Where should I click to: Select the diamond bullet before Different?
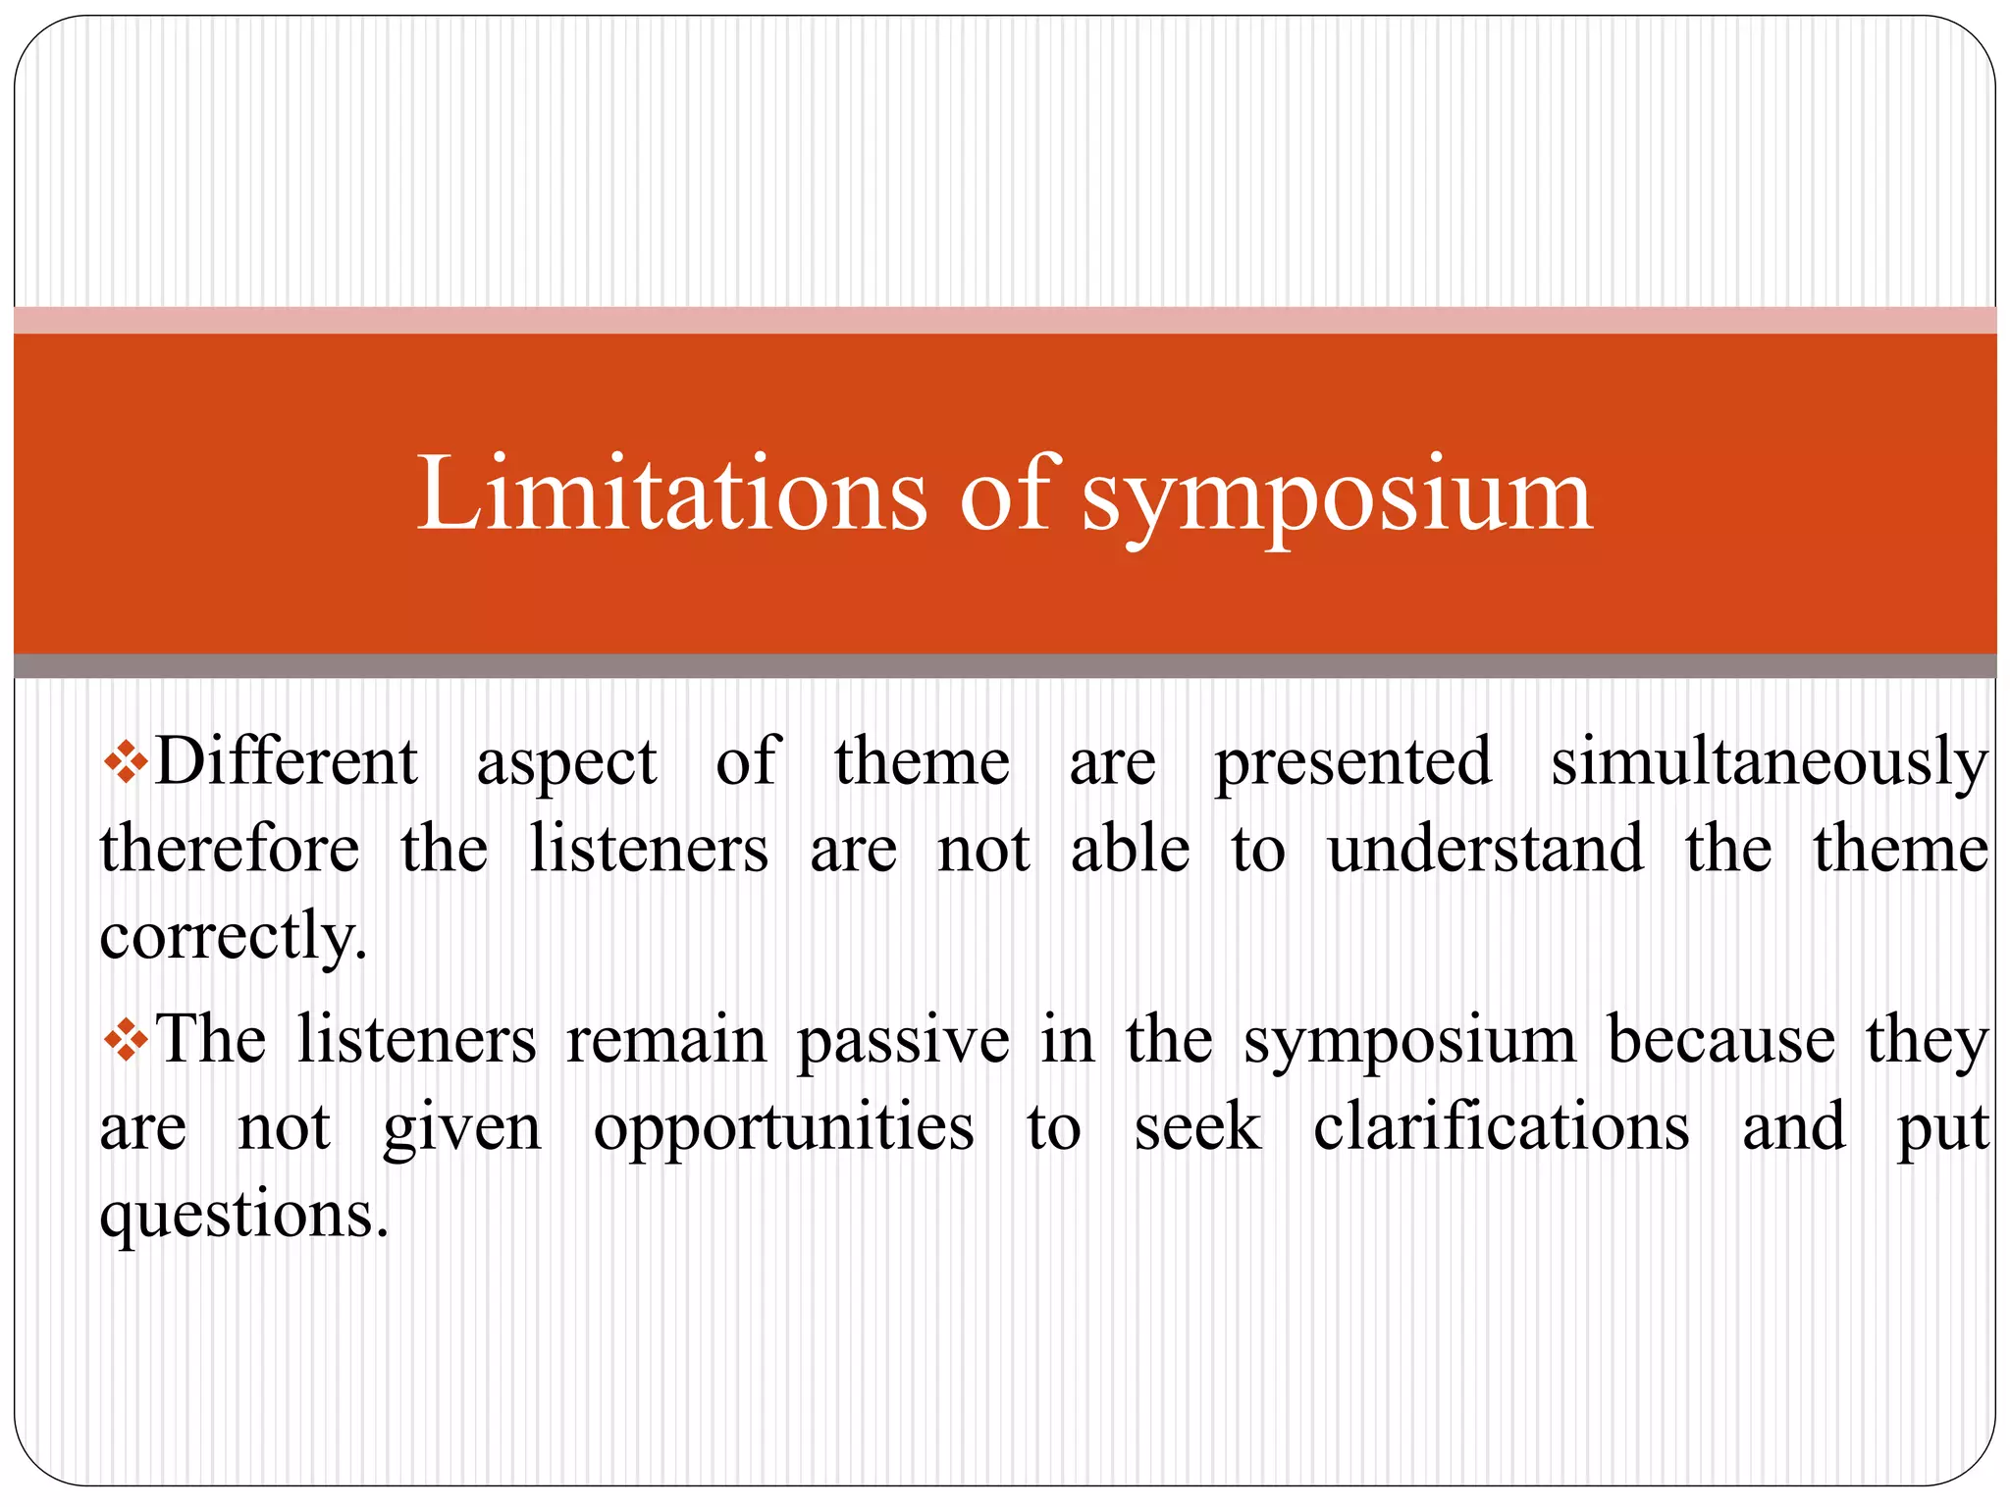(126, 762)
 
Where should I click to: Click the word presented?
(1353, 762)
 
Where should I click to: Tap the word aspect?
(566, 764)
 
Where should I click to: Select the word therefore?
(230, 849)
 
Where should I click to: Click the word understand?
(1485, 849)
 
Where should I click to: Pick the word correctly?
(233, 936)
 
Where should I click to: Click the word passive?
(903, 1041)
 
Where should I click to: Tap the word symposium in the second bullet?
(1409, 1043)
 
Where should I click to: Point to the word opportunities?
(783, 1128)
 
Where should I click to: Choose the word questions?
(244, 1216)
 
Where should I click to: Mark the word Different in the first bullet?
(286, 762)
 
